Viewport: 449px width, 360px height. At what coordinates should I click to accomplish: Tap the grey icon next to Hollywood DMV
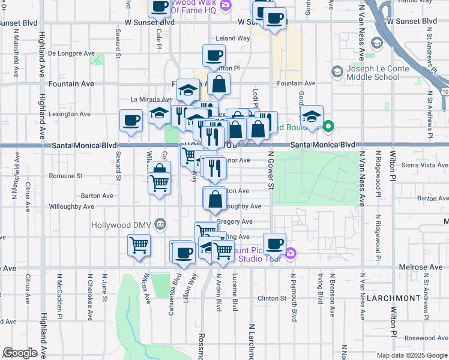tap(160, 224)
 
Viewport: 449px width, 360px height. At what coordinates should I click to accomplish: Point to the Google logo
tap(20, 352)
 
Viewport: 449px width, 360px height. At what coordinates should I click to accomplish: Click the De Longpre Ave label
tap(72, 53)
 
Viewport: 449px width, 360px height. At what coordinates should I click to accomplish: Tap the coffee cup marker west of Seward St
tap(131, 120)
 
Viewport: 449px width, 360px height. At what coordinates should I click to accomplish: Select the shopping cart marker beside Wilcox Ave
tap(139, 245)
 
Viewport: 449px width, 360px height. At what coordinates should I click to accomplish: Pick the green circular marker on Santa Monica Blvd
tap(328, 127)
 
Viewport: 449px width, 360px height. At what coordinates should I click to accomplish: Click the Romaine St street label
tap(67, 176)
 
